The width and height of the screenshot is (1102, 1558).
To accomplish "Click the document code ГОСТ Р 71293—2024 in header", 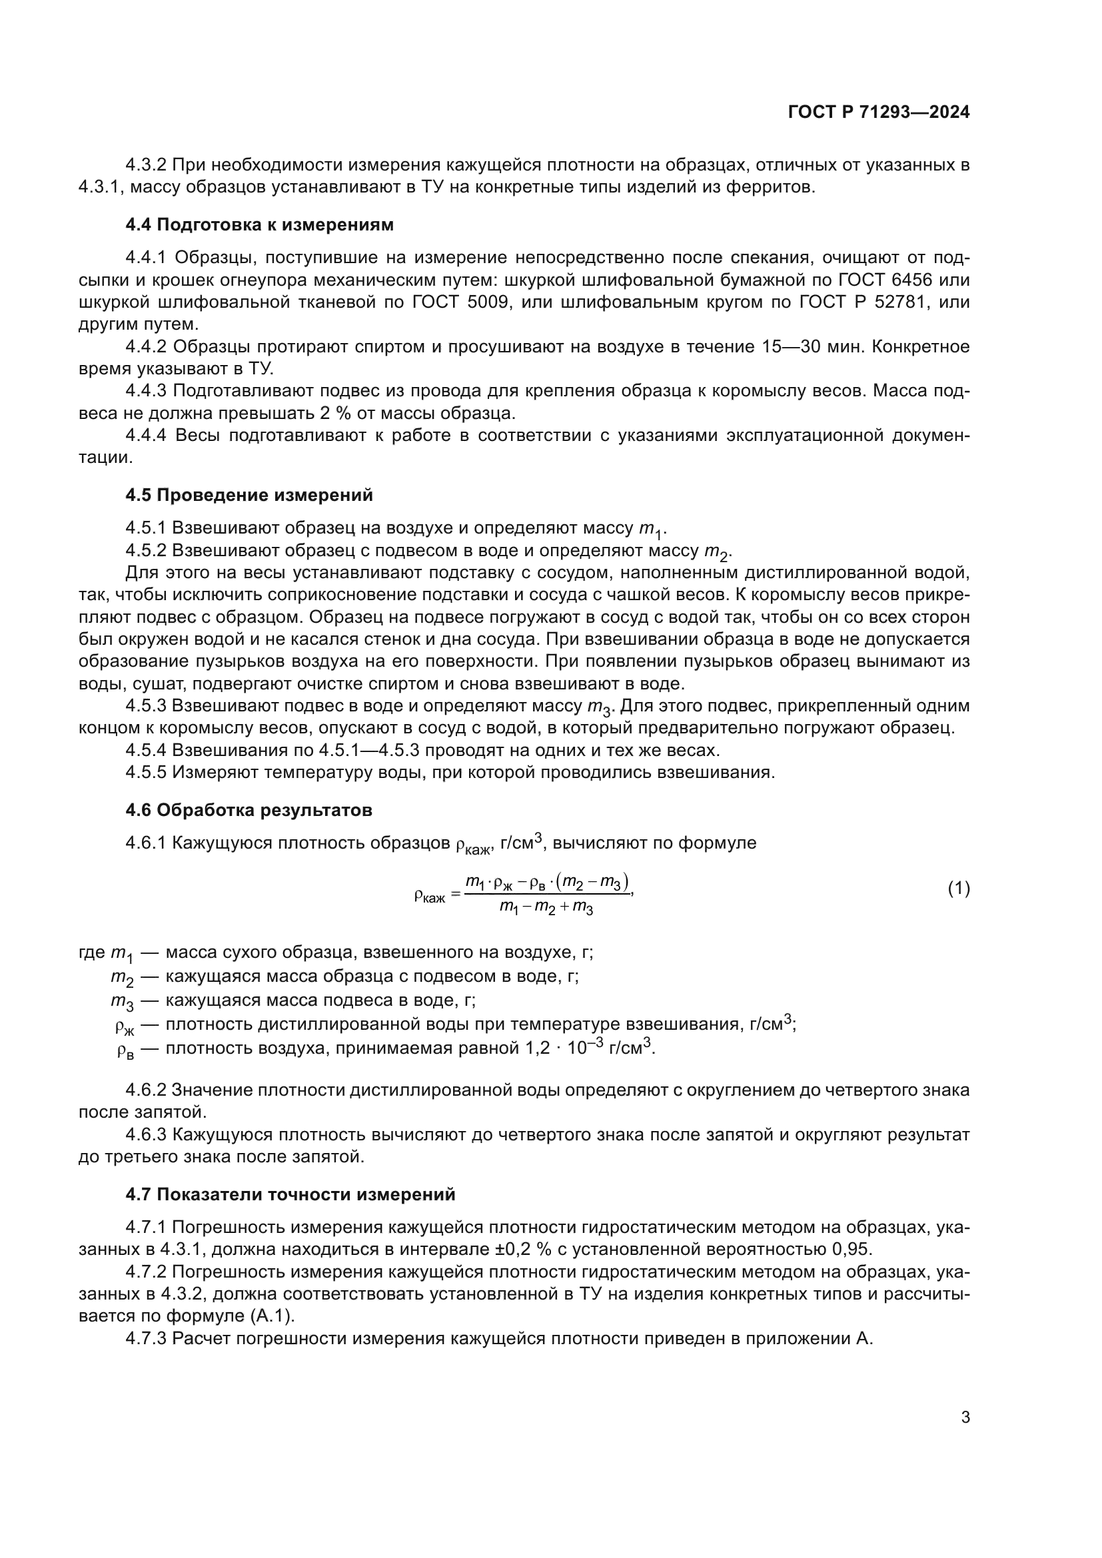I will (x=879, y=113).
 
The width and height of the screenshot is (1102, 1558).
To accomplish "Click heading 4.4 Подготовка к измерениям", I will (x=259, y=224).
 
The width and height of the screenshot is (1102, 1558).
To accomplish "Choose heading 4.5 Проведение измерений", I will (x=249, y=495).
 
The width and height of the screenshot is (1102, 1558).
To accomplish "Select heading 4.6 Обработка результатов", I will (x=249, y=810).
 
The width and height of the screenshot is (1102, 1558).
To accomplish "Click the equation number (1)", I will (x=958, y=889).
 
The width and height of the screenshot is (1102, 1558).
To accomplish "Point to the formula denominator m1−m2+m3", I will (x=546, y=907).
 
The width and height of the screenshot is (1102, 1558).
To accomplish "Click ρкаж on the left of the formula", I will (x=429, y=897).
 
